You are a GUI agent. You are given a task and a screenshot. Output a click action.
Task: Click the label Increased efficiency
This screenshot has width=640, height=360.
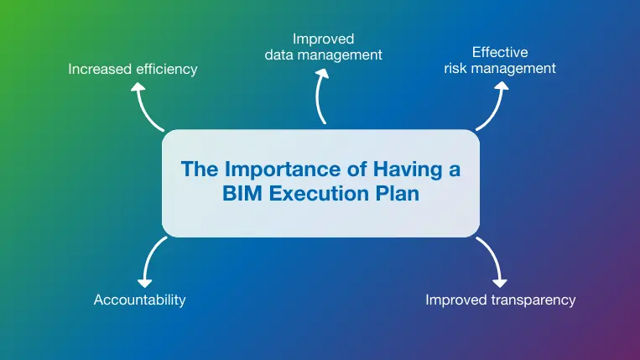[x=133, y=69]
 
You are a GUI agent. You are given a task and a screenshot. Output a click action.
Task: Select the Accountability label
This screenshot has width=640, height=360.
[x=139, y=300]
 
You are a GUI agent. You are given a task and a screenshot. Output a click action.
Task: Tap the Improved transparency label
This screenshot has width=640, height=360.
[x=501, y=300]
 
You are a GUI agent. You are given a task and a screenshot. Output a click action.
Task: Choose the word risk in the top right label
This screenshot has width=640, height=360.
[x=459, y=69]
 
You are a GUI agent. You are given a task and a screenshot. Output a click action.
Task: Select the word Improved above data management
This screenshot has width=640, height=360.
[x=323, y=39]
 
